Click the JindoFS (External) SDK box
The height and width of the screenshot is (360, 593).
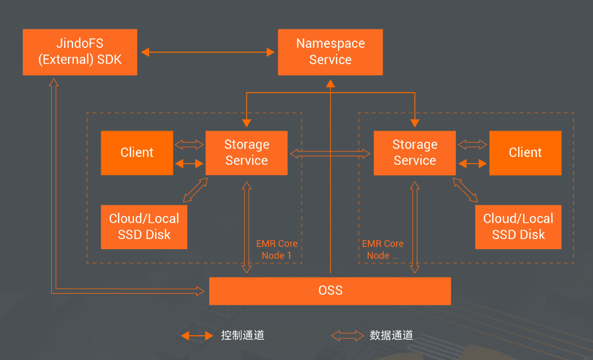(80, 52)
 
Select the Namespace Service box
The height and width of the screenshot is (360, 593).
(330, 52)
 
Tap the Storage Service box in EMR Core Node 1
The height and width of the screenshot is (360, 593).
(246, 152)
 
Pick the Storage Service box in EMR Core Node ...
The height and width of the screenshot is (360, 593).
(415, 152)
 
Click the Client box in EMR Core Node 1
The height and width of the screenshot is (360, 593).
(137, 152)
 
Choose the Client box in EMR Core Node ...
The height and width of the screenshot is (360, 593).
(525, 152)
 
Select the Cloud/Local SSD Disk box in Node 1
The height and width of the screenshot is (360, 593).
(144, 227)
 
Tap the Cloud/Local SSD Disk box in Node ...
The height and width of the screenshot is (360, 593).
(518, 227)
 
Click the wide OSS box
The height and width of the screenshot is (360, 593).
(330, 290)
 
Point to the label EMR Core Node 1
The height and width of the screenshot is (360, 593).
(277, 250)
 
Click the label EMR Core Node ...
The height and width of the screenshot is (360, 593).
(383, 250)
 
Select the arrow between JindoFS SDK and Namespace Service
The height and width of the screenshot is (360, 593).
(208, 52)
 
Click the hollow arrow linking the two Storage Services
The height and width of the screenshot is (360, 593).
(330, 153)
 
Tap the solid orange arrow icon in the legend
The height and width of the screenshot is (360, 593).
(197, 336)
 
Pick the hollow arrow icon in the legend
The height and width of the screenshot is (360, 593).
(347, 336)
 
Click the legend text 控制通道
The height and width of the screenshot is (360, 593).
(242, 336)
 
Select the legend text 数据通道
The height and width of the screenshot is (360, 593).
(392, 336)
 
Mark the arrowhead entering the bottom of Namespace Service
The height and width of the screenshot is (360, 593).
(331, 83)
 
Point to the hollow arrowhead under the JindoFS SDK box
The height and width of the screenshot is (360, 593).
(53, 82)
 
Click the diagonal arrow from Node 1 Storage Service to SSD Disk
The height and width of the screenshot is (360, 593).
(196, 190)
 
